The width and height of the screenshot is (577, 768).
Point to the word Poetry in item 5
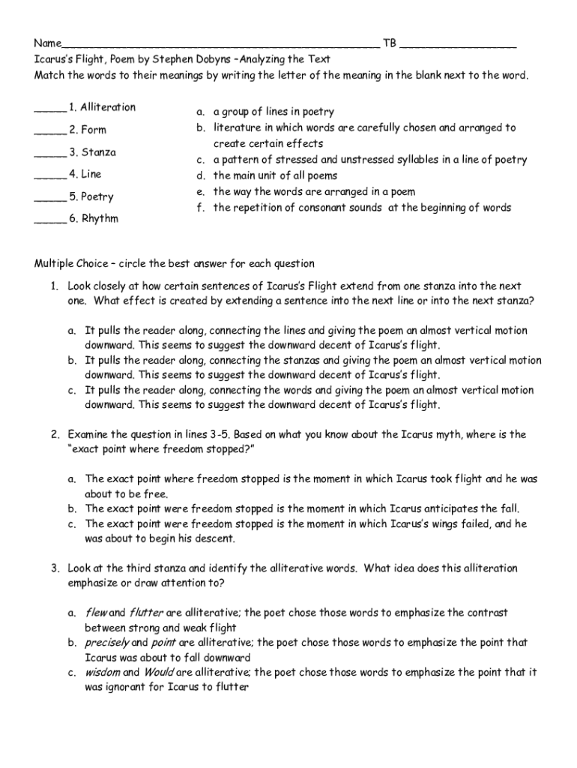tap(97, 197)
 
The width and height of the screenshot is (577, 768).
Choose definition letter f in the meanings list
tap(200, 208)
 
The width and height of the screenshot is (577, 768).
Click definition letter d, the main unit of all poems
tap(201, 176)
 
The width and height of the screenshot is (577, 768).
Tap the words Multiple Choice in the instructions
tap(70, 264)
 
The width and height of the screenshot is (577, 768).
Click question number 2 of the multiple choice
tap(55, 434)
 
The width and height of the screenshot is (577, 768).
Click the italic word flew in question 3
tap(96, 613)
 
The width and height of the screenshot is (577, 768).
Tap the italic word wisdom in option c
tap(103, 673)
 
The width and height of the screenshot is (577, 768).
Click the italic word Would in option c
tap(159, 673)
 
